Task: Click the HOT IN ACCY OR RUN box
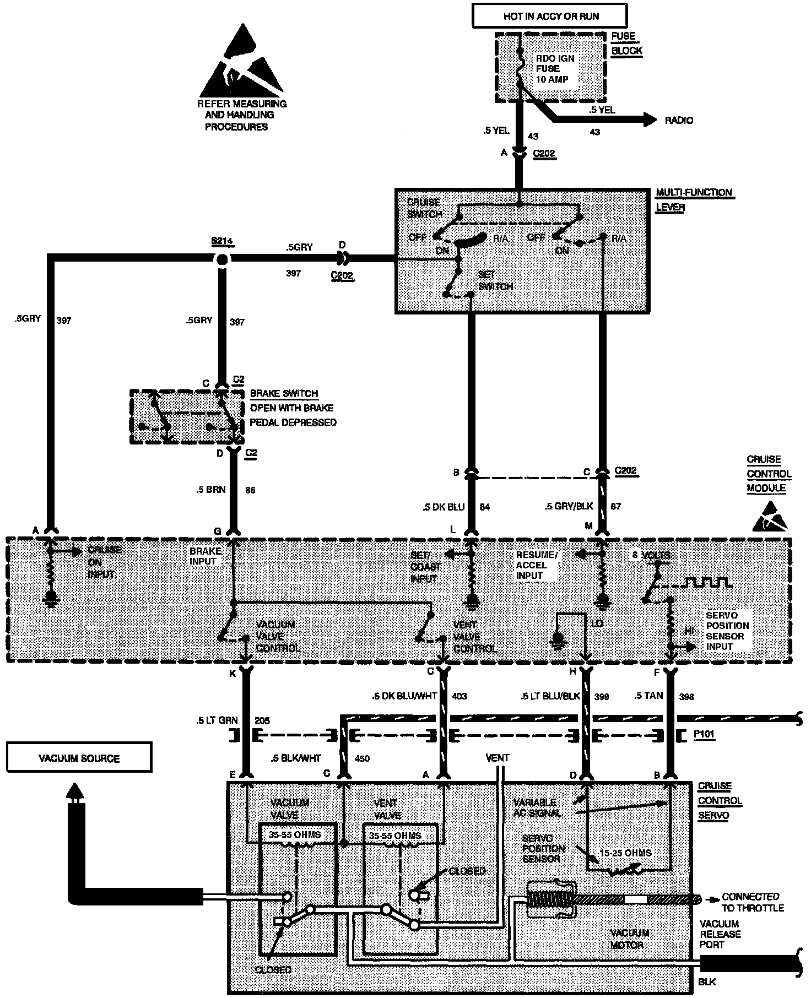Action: click(x=550, y=16)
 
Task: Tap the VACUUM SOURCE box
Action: click(x=79, y=758)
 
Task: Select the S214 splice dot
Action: click(x=222, y=259)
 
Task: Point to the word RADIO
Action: click(x=679, y=120)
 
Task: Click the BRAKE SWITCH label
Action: click(x=284, y=394)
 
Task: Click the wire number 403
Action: click(x=459, y=696)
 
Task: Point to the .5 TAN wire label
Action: click(x=648, y=696)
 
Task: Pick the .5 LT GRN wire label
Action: click(x=217, y=720)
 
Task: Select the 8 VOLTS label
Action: click(x=651, y=555)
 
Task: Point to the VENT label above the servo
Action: click(x=497, y=758)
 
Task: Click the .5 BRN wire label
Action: click(x=210, y=489)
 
